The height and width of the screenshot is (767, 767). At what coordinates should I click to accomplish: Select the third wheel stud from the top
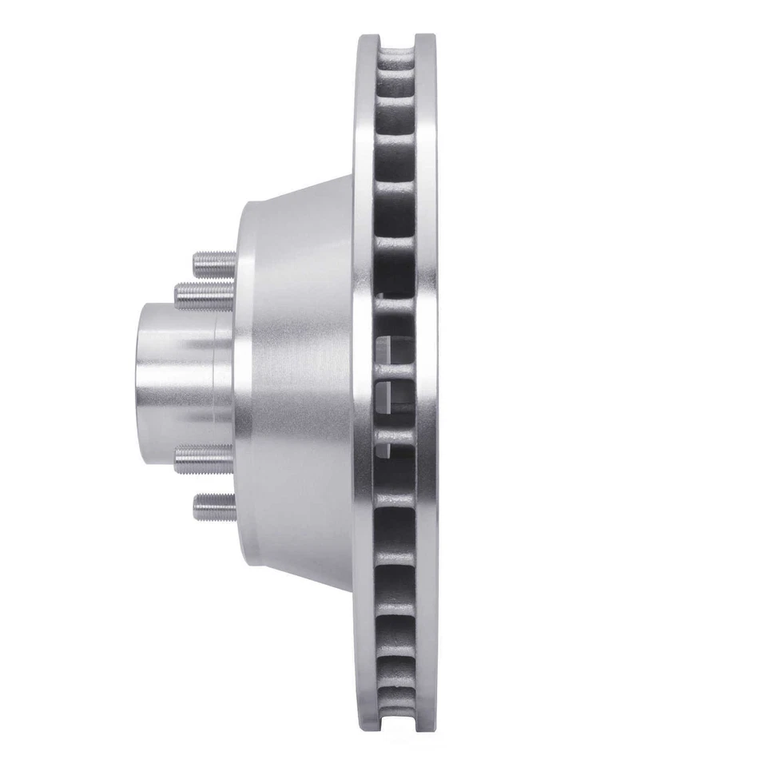pyautogui.click(x=203, y=459)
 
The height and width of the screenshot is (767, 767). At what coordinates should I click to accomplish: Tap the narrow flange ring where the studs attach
pyautogui.click(x=244, y=383)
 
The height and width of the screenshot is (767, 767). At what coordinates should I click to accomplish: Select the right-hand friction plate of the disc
pyautogui.click(x=426, y=383)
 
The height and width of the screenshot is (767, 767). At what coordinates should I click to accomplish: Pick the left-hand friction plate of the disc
pyautogui.click(x=365, y=383)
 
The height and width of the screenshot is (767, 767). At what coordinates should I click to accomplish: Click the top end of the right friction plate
pyautogui.click(x=426, y=40)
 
